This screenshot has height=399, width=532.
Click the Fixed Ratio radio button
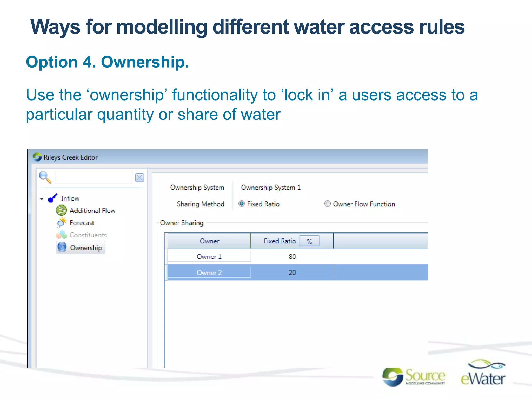coord(242,204)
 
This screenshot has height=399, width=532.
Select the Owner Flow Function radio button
coord(327,204)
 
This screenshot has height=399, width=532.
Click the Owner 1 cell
coord(209,257)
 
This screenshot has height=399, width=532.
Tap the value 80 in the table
coord(292,257)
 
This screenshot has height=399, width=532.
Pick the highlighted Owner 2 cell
coord(209,273)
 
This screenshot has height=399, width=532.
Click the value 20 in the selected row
coord(292,273)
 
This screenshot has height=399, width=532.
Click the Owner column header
coord(209,241)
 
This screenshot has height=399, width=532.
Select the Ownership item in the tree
coord(86,248)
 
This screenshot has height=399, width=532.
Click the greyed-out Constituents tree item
coord(88,235)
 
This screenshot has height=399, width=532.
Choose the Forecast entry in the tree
coord(82,223)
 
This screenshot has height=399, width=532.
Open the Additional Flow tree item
coord(92,211)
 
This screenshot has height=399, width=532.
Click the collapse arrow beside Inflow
coord(42,199)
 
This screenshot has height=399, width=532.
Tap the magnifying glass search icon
coord(45,177)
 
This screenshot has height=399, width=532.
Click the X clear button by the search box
coord(139,178)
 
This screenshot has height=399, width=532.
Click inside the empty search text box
coord(94,178)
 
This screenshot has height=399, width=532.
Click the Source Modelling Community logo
coord(414,377)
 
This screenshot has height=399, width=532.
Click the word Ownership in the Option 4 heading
coord(145,62)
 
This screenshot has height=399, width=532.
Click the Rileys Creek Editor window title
coord(70,157)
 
